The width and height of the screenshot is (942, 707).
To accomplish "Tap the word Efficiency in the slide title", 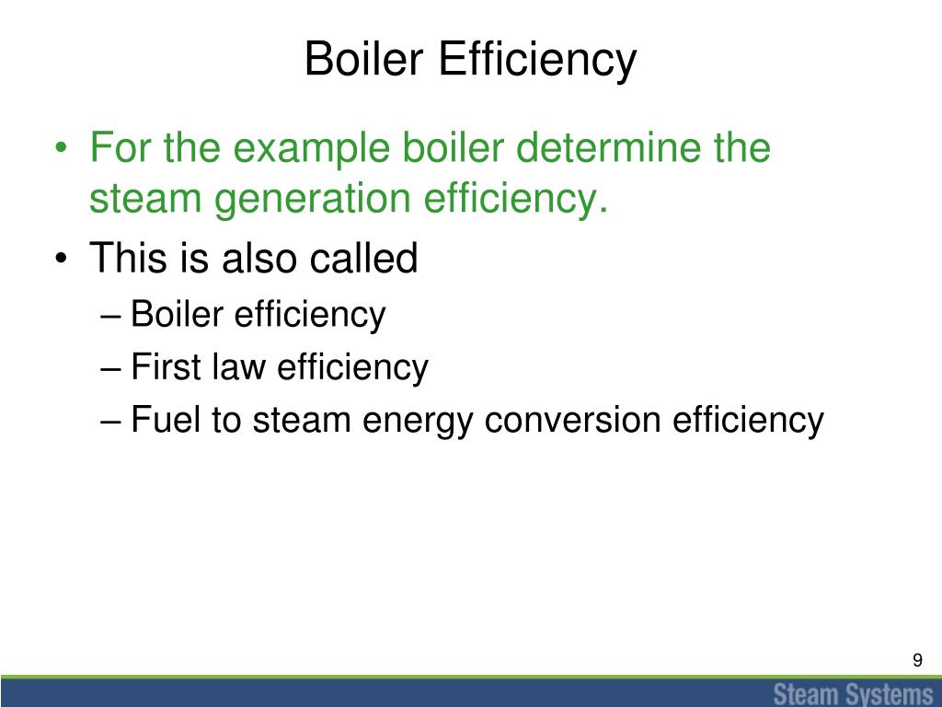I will click(x=537, y=61).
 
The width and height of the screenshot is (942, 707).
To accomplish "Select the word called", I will click(x=362, y=259).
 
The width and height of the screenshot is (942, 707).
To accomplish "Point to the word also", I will click(x=258, y=259).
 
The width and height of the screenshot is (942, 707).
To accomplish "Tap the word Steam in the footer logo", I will click(x=805, y=692).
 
